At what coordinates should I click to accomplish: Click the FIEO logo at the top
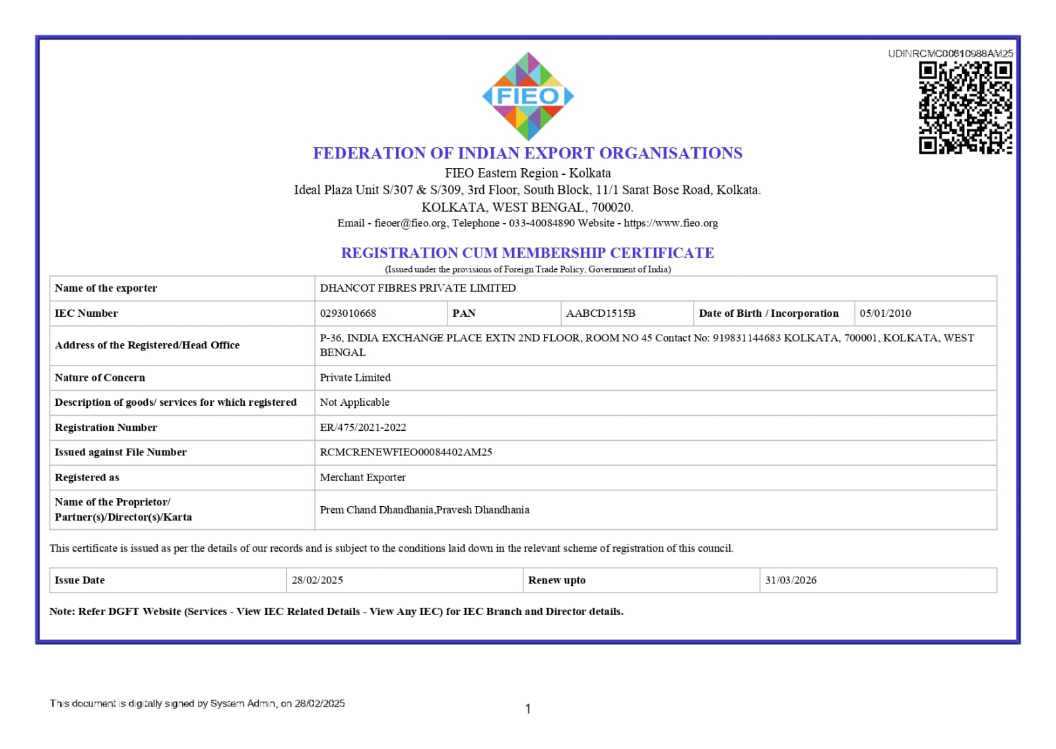(x=527, y=96)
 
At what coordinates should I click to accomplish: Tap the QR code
(x=965, y=108)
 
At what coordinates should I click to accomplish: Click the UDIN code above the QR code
(x=950, y=53)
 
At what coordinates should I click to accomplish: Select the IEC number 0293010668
(x=348, y=313)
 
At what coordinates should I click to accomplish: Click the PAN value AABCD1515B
(x=601, y=313)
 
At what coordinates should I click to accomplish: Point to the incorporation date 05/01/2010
(x=885, y=313)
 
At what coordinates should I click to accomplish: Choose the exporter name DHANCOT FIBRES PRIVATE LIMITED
(x=418, y=288)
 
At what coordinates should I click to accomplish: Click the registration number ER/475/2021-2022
(x=363, y=428)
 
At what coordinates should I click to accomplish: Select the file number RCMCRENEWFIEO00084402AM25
(x=406, y=452)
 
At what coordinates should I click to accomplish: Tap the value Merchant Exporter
(x=362, y=477)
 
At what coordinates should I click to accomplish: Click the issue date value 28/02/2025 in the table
(x=317, y=580)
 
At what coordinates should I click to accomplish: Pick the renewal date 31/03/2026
(x=791, y=580)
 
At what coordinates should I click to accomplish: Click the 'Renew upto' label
(x=556, y=580)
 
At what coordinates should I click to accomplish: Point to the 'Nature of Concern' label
(x=100, y=377)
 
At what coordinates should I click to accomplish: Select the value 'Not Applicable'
(x=354, y=403)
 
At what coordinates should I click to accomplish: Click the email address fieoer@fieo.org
(x=410, y=223)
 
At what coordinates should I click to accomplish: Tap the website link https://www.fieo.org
(x=671, y=223)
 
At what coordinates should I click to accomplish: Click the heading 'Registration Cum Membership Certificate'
(x=527, y=253)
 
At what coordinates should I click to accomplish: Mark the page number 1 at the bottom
(x=528, y=709)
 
